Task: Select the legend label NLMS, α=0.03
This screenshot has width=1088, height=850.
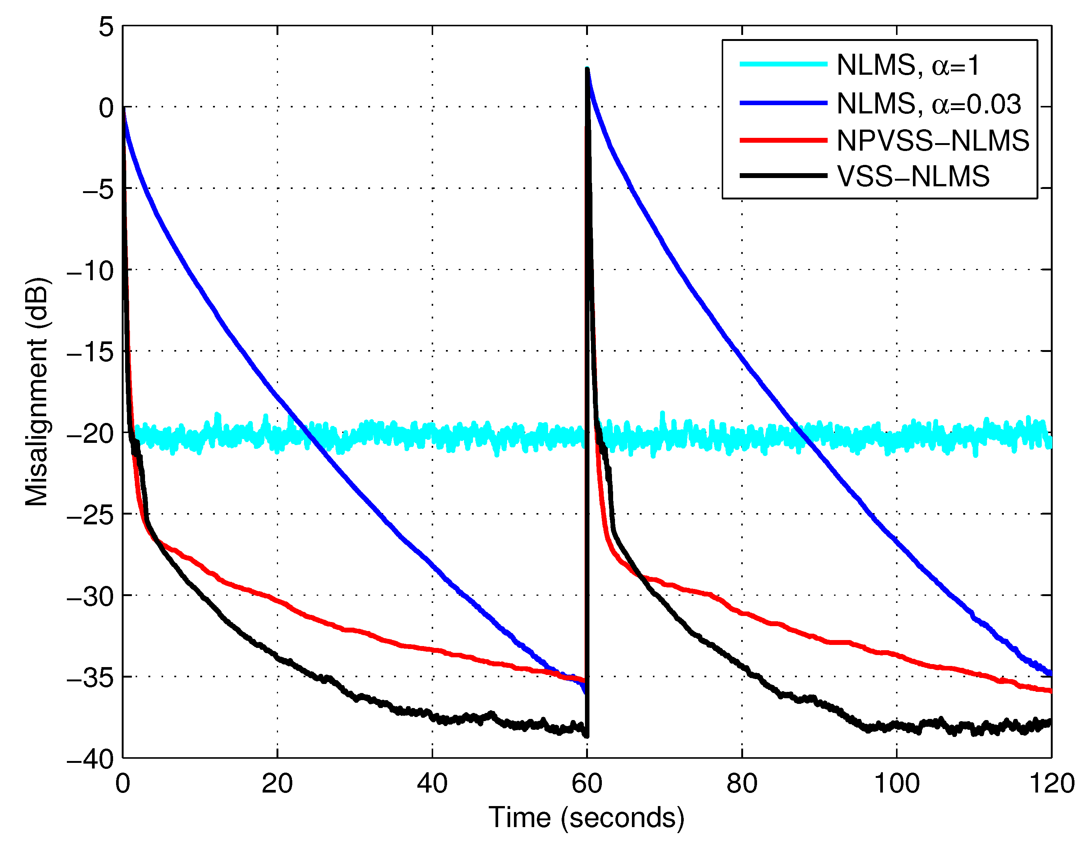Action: coord(929,104)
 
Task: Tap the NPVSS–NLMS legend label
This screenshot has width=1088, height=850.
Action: coord(932,140)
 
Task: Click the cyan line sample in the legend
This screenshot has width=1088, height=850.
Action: coord(783,64)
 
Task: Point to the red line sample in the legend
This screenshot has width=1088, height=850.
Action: coord(783,140)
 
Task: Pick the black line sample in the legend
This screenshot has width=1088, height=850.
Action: coord(783,176)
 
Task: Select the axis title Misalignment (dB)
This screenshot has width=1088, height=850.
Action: coord(37,391)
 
